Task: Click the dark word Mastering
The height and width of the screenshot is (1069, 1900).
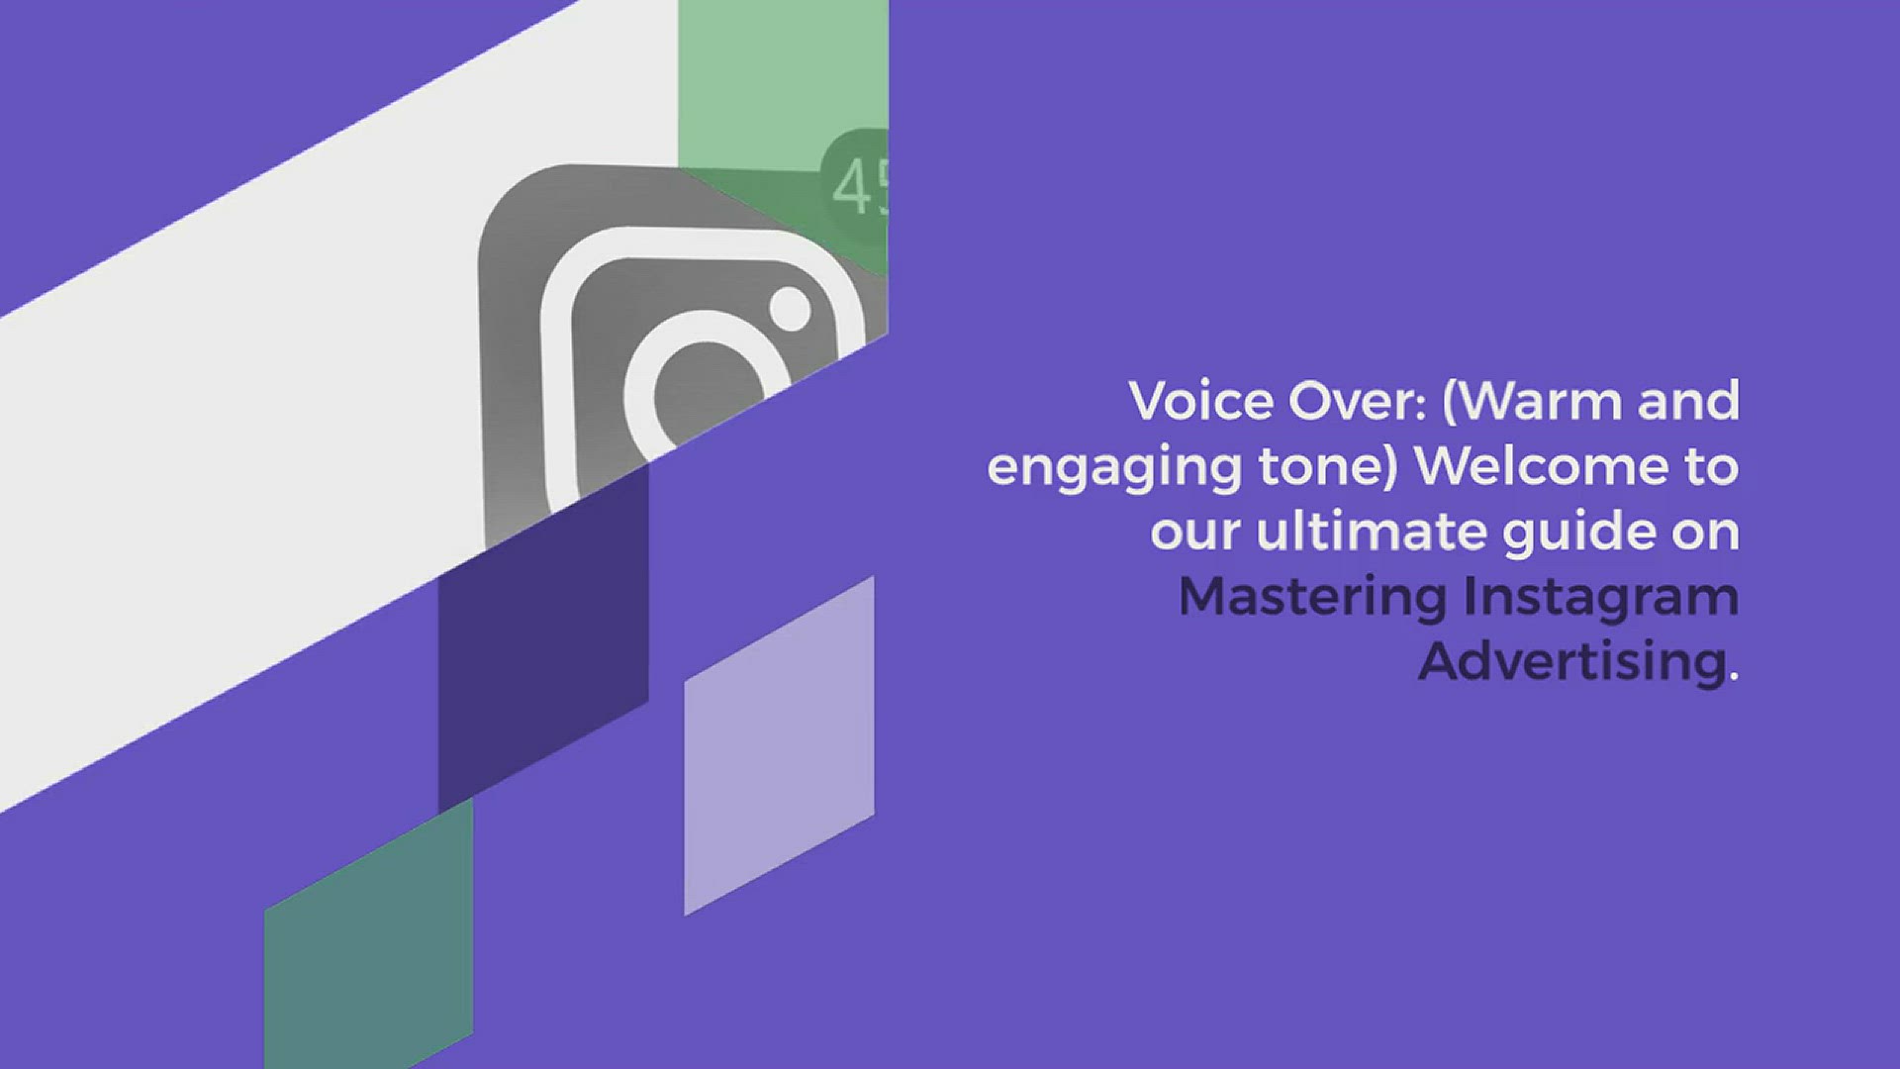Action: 1312,599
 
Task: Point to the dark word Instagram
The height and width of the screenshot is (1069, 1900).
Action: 1601,599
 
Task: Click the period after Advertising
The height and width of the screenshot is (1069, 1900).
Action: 1734,677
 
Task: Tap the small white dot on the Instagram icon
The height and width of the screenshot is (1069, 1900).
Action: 790,308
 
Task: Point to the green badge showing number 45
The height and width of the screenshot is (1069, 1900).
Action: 856,187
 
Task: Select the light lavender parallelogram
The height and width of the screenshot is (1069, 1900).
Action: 779,745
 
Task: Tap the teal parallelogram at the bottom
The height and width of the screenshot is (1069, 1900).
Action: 368,935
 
